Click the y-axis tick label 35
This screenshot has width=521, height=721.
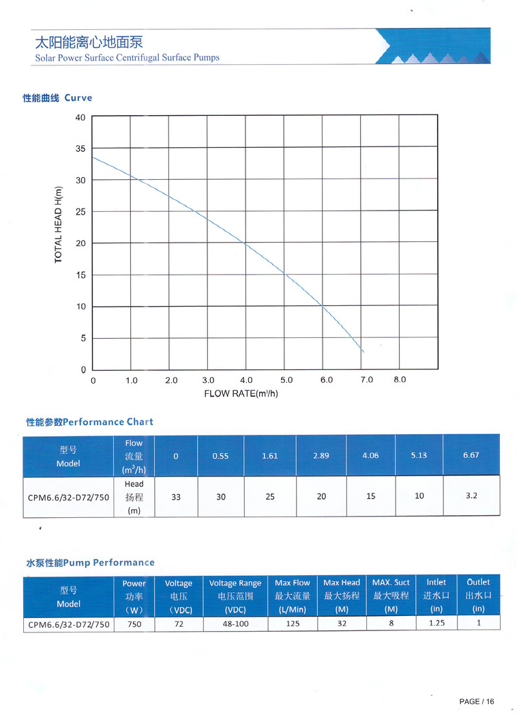pyautogui.click(x=80, y=149)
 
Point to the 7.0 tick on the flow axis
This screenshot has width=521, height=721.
pyautogui.click(x=367, y=380)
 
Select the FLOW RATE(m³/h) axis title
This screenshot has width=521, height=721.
pyautogui.click(x=241, y=394)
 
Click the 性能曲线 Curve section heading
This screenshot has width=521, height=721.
pyautogui.click(x=57, y=98)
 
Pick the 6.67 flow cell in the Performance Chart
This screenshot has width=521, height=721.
pyautogui.click(x=471, y=455)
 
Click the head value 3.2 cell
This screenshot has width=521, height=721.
pyautogui.click(x=471, y=495)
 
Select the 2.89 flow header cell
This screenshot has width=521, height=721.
pyautogui.click(x=321, y=455)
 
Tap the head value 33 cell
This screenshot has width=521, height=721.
pyautogui.click(x=176, y=497)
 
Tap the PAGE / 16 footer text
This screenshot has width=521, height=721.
pyautogui.click(x=476, y=702)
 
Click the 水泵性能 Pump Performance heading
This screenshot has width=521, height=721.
pyautogui.click(x=90, y=563)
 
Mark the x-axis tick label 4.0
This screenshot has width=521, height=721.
pyautogui.click(x=246, y=380)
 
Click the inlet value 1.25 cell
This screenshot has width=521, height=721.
pyautogui.click(x=436, y=624)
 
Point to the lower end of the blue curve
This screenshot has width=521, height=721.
pyautogui.click(x=363, y=352)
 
